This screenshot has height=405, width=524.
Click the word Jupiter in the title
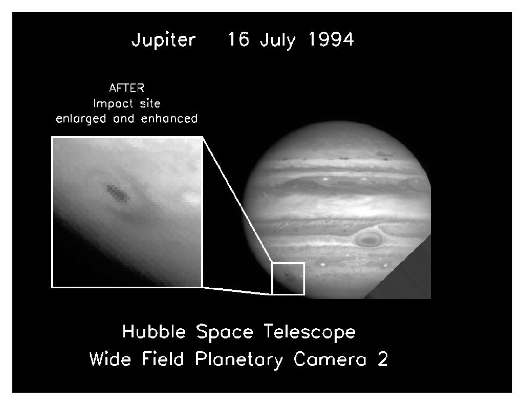[x=163, y=40]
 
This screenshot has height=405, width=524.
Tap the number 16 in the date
[x=238, y=39]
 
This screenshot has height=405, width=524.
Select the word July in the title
[x=278, y=40]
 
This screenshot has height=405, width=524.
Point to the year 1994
[x=331, y=39]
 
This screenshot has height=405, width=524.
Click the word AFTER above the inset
[x=127, y=88]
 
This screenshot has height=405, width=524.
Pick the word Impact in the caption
[x=113, y=103]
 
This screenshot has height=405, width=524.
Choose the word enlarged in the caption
[x=81, y=119]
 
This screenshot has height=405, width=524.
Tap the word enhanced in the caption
[x=169, y=119]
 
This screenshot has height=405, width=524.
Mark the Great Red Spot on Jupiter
[x=368, y=239]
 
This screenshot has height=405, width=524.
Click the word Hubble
[x=154, y=332]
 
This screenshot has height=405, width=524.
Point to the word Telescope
[x=310, y=333]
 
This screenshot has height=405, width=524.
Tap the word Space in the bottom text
[x=225, y=333]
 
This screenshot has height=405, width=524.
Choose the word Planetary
[x=239, y=360]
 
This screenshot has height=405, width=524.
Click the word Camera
[x=330, y=359]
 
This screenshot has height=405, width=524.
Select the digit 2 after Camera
[x=383, y=359]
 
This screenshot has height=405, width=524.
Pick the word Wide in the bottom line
[x=110, y=359]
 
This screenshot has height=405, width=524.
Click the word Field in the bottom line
[x=163, y=359]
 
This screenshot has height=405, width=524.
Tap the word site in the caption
[x=150, y=103]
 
